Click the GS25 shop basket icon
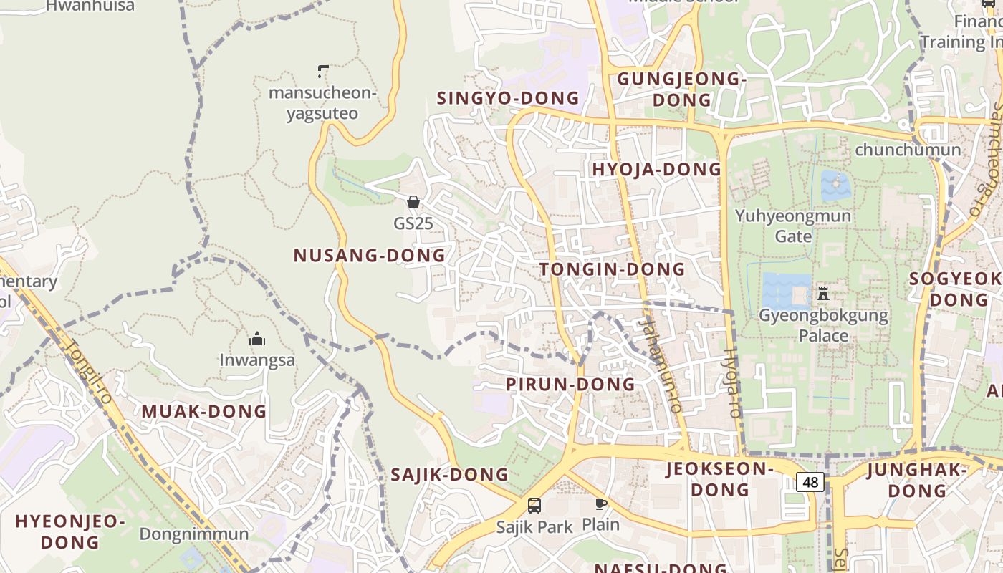[413, 202]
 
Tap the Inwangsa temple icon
[257, 339]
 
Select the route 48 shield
[810, 482]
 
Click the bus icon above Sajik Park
[534, 506]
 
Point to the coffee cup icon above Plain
[600, 504]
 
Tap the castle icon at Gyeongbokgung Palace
[823, 293]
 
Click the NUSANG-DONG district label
[370, 255]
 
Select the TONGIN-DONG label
[613, 269]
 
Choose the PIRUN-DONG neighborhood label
[570, 384]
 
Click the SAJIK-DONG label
[449, 474]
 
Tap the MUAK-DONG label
[204, 411]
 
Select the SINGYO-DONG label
[508, 97]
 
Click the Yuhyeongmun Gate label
[793, 226]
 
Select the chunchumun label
[908, 150]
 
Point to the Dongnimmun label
[194, 534]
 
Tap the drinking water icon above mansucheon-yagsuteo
[322, 71]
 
